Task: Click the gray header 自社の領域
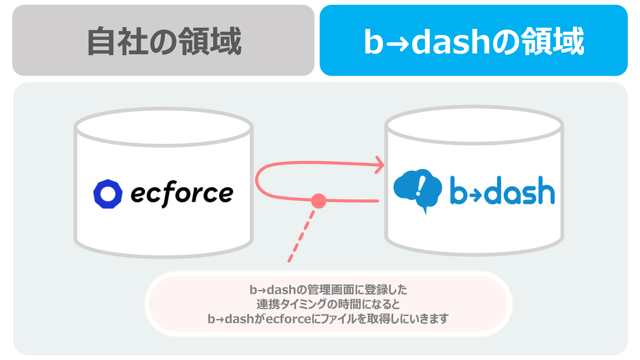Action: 163,40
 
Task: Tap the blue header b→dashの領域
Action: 473,40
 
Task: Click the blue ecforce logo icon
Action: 108,194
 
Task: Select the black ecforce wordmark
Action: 182,193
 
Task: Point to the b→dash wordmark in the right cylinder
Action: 502,190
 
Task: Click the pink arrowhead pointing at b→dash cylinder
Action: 380,165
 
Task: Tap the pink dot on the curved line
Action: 319,201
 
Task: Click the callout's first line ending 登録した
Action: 328,290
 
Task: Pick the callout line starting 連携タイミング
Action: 328,304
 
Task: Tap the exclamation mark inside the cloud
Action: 420,186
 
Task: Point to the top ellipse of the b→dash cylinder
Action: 474,125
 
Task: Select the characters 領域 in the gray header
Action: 210,41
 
